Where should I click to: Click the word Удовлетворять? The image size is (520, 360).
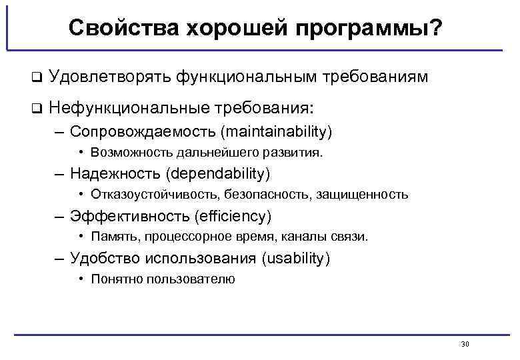109,78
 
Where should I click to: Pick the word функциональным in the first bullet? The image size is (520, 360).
246,78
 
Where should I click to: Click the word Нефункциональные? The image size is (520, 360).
128,107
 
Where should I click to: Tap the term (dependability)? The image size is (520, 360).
220,174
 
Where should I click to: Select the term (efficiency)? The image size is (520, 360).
232,216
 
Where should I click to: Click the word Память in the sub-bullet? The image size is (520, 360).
111,237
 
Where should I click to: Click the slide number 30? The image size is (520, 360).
465,344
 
